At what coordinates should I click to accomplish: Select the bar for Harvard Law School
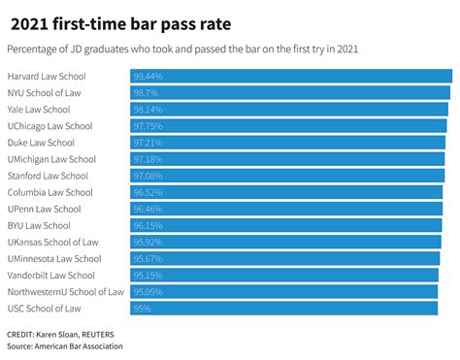pos(290,76)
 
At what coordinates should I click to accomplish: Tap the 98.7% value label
pos(144,92)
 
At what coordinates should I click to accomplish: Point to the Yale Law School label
pos(45,110)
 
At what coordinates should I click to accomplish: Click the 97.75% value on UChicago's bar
pos(148,126)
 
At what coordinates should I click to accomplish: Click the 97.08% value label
pos(148,176)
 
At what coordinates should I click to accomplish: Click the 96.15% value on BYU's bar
pos(148,225)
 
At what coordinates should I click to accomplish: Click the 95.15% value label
pos(148,276)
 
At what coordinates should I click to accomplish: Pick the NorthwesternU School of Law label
pos(65,292)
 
